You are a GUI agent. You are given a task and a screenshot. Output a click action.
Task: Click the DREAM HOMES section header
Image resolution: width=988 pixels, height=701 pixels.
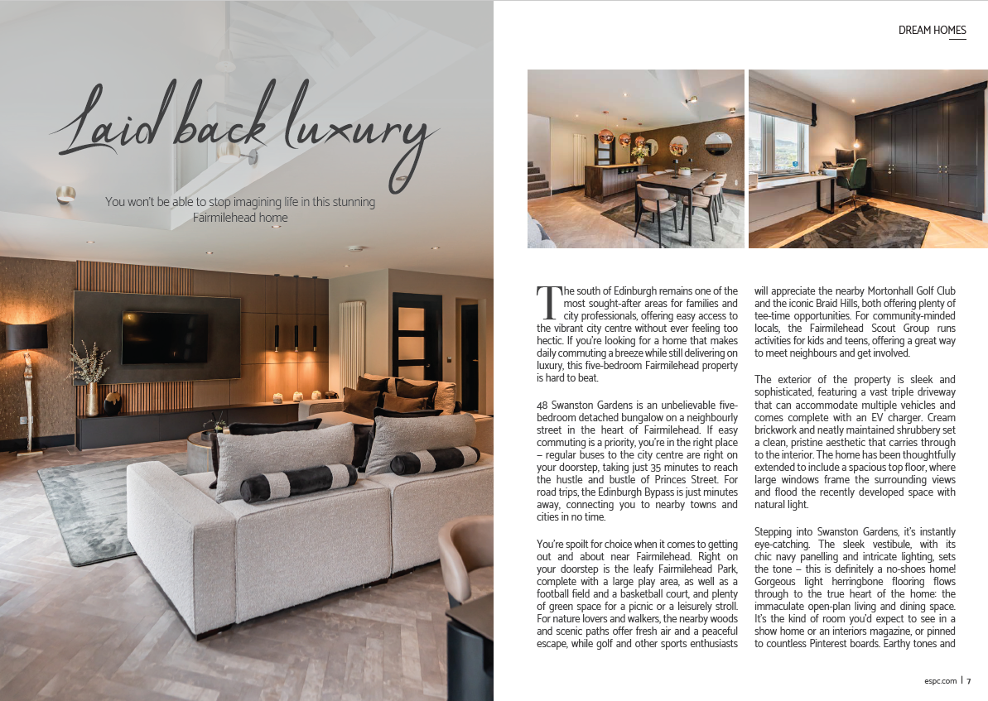click(x=932, y=31)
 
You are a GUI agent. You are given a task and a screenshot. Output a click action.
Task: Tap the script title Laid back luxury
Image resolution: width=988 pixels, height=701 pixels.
click(x=244, y=132)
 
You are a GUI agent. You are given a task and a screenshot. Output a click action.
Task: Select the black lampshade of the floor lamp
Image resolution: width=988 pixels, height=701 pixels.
click(x=27, y=337)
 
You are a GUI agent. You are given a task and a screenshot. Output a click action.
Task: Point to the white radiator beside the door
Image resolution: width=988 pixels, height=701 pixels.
click(x=351, y=343)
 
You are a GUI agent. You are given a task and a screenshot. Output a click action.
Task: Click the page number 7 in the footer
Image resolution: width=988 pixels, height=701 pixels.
click(x=968, y=681)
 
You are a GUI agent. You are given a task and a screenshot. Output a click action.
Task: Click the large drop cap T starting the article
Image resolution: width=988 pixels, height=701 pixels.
click(x=548, y=304)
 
